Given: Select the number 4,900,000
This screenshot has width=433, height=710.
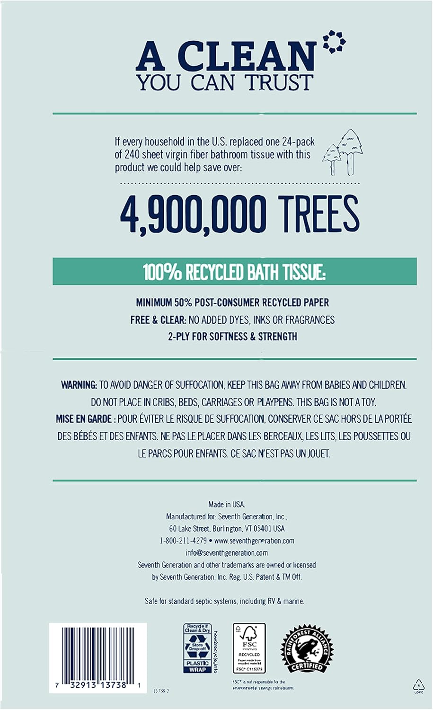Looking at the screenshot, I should point(193,215).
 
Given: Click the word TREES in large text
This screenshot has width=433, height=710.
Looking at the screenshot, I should point(318,215).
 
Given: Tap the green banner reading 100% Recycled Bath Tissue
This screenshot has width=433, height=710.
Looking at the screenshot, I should point(234,272).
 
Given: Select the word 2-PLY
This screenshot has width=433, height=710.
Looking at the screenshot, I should point(180,337).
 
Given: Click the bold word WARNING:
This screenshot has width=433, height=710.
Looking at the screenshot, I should point(79,385).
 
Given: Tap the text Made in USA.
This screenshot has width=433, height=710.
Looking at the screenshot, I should point(227,505).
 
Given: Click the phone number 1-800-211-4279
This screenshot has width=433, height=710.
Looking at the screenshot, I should point(183,541).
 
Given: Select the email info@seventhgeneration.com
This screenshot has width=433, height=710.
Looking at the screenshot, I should point(227,553).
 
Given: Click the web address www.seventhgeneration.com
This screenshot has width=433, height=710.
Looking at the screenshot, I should point(254,541).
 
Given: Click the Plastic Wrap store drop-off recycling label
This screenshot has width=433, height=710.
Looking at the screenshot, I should point(198,648).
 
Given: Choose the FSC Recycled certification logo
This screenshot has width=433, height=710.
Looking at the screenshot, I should point(249,648).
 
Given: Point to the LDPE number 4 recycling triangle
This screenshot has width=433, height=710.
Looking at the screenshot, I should point(418,686).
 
